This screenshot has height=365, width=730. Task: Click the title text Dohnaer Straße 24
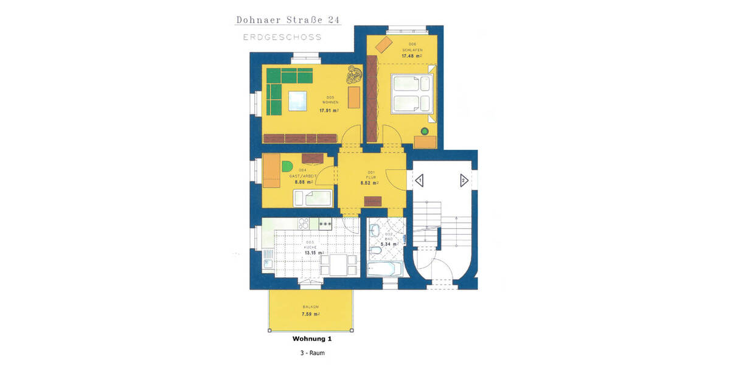coord(288,20)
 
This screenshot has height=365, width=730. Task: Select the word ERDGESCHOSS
coord(282,38)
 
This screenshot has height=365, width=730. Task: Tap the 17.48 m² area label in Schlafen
coord(411,55)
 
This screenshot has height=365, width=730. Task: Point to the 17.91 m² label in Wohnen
coord(329,111)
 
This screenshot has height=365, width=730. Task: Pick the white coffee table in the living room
coord(297,100)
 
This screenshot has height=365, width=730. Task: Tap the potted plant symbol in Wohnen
coord(353,75)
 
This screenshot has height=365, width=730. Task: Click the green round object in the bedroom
coord(425,131)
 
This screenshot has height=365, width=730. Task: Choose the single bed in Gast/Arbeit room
coord(313,198)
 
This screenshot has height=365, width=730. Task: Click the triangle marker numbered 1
coord(419,181)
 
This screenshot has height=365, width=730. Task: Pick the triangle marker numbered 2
coord(463,181)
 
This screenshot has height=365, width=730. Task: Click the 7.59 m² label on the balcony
coord(311,315)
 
